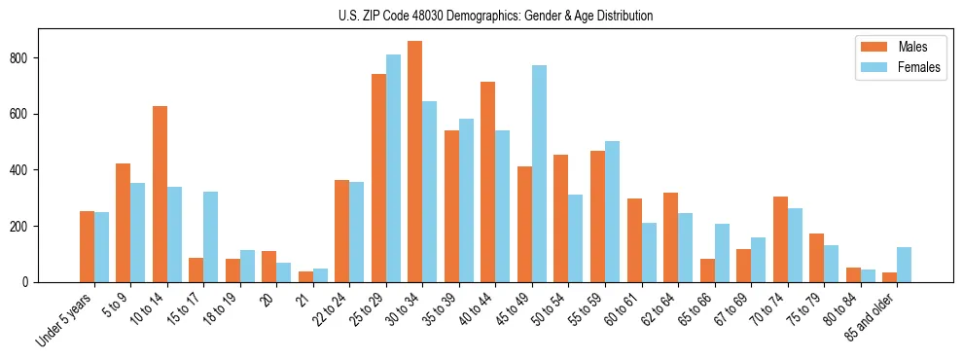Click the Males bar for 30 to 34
point(415,162)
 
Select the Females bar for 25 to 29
point(393,168)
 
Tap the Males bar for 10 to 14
point(160,195)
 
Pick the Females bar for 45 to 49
point(539,174)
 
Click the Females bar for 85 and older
point(904,265)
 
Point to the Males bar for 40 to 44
point(488,182)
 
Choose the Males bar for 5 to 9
point(124,223)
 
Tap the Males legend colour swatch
point(869,46)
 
